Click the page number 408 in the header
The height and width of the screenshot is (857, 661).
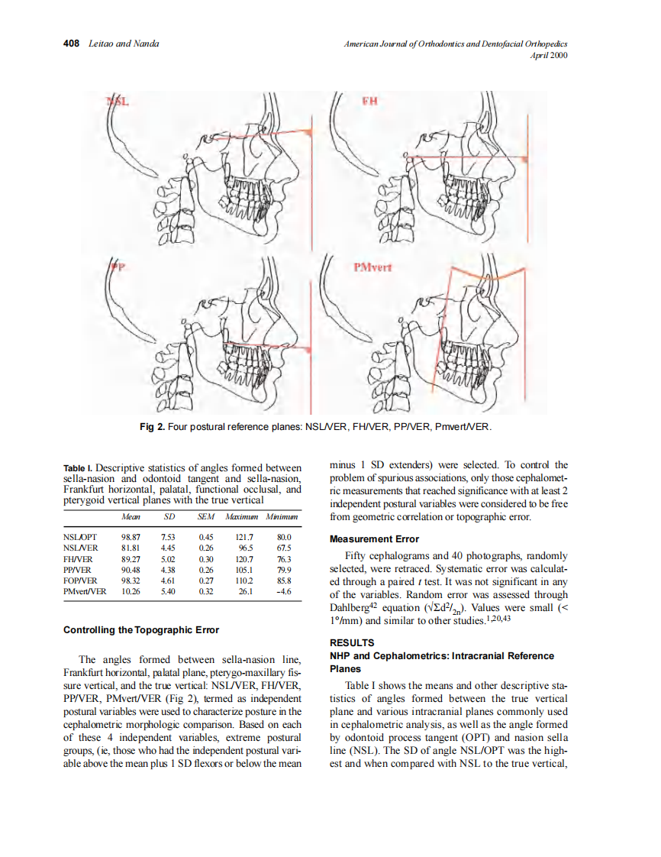pyautogui.click(x=72, y=44)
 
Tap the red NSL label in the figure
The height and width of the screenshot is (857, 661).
pyautogui.click(x=117, y=102)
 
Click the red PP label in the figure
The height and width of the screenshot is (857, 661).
pyautogui.click(x=116, y=267)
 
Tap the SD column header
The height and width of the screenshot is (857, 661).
pyautogui.click(x=169, y=517)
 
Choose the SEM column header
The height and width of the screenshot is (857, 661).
pyautogui.click(x=206, y=517)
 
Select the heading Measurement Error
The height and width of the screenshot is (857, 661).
pyautogui.click(x=374, y=539)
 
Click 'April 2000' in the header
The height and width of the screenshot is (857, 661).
pyautogui.click(x=548, y=56)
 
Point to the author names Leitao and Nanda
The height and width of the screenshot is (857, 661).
pyautogui.click(x=123, y=44)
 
